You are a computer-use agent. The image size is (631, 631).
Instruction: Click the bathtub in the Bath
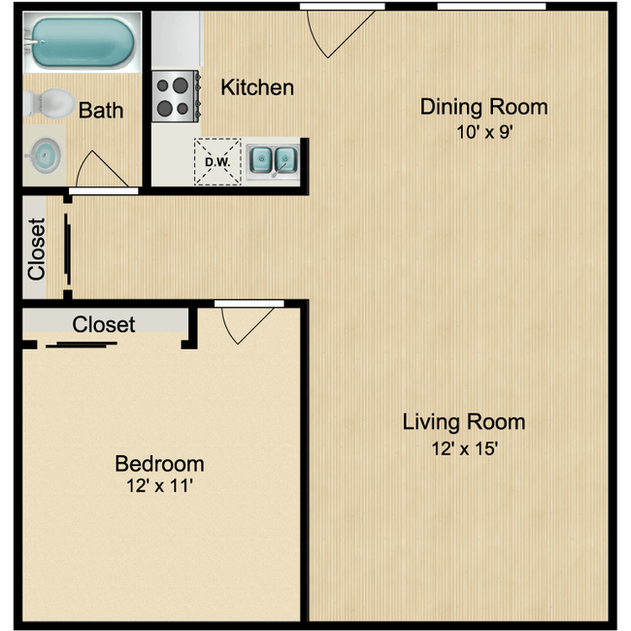coord(83,43)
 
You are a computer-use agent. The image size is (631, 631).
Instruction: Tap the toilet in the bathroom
coord(50,104)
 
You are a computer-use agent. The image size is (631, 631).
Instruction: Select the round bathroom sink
coord(44,155)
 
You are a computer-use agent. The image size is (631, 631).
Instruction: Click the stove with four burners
coord(176,96)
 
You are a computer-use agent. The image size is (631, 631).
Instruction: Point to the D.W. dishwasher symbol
coord(217,162)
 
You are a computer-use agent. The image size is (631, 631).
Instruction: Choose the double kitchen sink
coord(273,160)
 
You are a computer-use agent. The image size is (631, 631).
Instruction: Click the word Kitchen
coord(257,87)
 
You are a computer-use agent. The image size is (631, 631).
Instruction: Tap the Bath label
coord(101,111)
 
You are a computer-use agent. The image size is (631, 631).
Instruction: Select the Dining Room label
coord(484,107)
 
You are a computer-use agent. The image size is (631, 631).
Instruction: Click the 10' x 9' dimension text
coord(484,132)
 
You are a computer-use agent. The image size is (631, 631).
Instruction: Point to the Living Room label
coord(464,423)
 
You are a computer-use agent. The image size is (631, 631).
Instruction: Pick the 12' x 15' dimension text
coord(465,448)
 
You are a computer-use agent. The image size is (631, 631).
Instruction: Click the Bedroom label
coord(160,464)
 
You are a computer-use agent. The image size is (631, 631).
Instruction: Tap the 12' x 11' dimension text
coord(160,485)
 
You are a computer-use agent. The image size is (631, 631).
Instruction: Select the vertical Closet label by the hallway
coord(37,249)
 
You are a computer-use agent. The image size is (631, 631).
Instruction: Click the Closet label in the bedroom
coord(104,324)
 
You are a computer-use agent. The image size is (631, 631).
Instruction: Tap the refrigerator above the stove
coord(177,39)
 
